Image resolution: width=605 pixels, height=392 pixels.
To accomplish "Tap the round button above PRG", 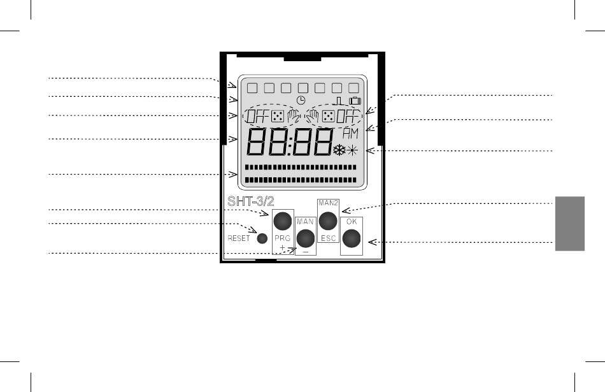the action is pos(283,221).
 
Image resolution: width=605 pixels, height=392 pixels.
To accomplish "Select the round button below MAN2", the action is pos(327,221).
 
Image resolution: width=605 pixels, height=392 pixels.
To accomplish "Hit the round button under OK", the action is pos(351,238).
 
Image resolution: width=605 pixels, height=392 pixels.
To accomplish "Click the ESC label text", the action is pos(327,237).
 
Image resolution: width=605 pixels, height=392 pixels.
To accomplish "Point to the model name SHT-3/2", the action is pos(250,201).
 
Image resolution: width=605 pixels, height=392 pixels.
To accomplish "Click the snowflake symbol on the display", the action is pos(339,151).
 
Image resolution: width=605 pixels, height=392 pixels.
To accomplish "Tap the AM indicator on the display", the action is pos(350,133).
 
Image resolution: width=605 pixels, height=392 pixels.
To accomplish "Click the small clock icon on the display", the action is pos(301,101).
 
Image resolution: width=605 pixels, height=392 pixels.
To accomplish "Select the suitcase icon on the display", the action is pos(355,101).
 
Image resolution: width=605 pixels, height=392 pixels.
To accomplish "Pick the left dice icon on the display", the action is pos(277,117).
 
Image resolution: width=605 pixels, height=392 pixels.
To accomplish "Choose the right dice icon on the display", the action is pos(328,117).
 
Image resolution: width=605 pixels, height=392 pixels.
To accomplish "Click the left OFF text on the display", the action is pos(257,117).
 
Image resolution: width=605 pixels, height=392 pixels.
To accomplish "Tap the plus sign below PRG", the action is pos(283,247).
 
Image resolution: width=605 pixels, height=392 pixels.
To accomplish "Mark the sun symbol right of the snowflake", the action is pos(352,151).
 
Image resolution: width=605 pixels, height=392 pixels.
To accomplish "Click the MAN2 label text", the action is pos(327,203).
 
